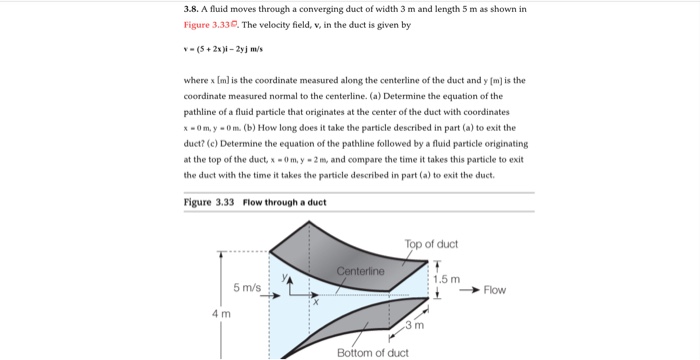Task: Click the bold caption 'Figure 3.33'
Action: point(209,202)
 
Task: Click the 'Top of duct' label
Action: point(431,244)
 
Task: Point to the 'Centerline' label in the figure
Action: point(361,272)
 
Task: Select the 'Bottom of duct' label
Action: point(372,352)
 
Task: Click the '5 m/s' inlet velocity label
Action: point(247,288)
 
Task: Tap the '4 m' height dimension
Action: point(220,314)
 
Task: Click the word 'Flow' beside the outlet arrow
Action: point(494,290)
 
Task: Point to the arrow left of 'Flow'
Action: point(469,290)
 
